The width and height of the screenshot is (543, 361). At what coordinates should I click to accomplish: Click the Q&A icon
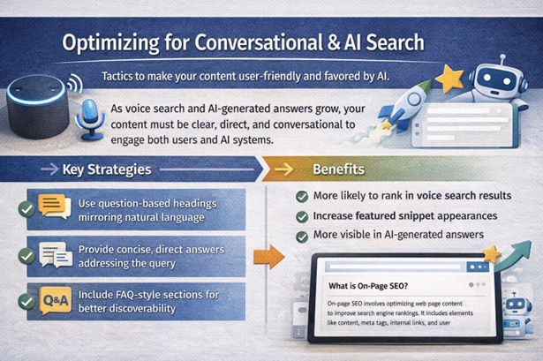(54, 300)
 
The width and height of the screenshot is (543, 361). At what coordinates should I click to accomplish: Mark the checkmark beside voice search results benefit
(302, 195)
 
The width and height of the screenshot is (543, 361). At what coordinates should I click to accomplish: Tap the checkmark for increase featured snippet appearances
(302, 215)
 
